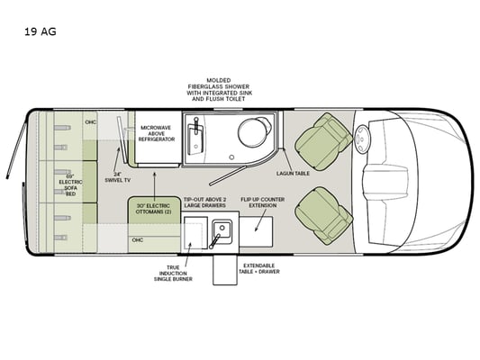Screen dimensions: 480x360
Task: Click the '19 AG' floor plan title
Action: pyautogui.click(x=41, y=31)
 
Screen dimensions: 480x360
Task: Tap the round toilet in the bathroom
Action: pyautogui.click(x=254, y=131)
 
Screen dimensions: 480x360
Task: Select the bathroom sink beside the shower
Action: pyautogui.click(x=196, y=137)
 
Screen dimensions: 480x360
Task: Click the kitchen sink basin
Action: pyautogui.click(x=222, y=229)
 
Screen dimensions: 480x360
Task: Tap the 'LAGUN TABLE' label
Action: pyautogui.click(x=293, y=174)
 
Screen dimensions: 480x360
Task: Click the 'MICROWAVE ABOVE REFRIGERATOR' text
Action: pyautogui.click(x=157, y=133)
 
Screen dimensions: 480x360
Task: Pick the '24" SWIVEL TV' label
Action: pyautogui.click(x=118, y=177)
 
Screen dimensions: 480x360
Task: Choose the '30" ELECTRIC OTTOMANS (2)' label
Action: pyautogui.click(x=153, y=209)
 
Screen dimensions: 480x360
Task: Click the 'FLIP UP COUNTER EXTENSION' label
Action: pyautogui.click(x=263, y=202)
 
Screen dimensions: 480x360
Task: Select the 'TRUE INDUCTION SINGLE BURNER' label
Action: pyautogui.click(x=173, y=273)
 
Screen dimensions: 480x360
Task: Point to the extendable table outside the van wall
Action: pyautogui.click(x=225, y=270)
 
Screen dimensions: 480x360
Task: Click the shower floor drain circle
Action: pyautogui.click(x=231, y=157)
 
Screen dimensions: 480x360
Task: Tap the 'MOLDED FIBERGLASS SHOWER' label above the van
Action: pyautogui.click(x=219, y=84)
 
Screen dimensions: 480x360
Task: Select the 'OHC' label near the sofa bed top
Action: pyautogui.click(x=91, y=122)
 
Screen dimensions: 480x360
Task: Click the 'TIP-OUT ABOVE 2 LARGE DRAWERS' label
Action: pyautogui.click(x=205, y=202)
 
